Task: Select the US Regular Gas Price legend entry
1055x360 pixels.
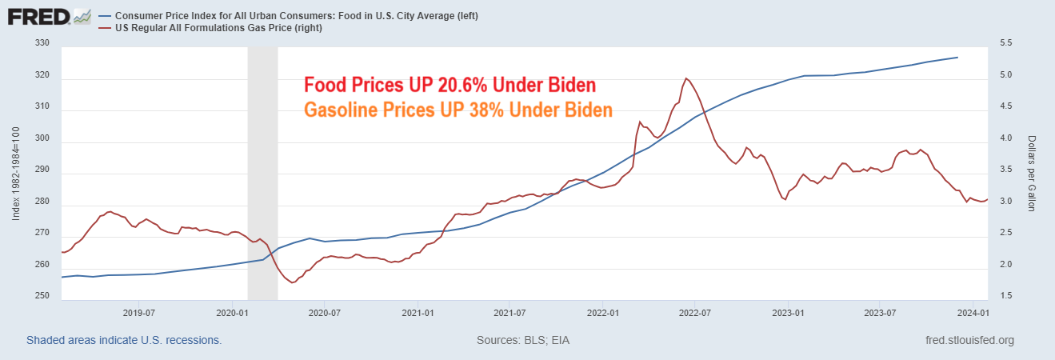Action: (207, 28)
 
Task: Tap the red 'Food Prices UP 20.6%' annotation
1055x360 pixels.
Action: (450, 86)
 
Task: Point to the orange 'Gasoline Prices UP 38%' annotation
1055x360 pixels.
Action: (458, 110)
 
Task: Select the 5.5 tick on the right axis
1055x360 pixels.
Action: (1006, 45)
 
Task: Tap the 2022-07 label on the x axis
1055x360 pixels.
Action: (694, 312)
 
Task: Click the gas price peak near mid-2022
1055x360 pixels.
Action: (686, 78)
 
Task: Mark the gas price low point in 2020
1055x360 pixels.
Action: (292, 282)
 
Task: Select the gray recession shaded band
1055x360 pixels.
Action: (262, 173)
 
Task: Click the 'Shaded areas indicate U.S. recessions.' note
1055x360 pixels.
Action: (124, 340)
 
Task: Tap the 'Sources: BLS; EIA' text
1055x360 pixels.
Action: (523, 340)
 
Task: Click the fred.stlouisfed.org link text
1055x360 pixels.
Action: (969, 340)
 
